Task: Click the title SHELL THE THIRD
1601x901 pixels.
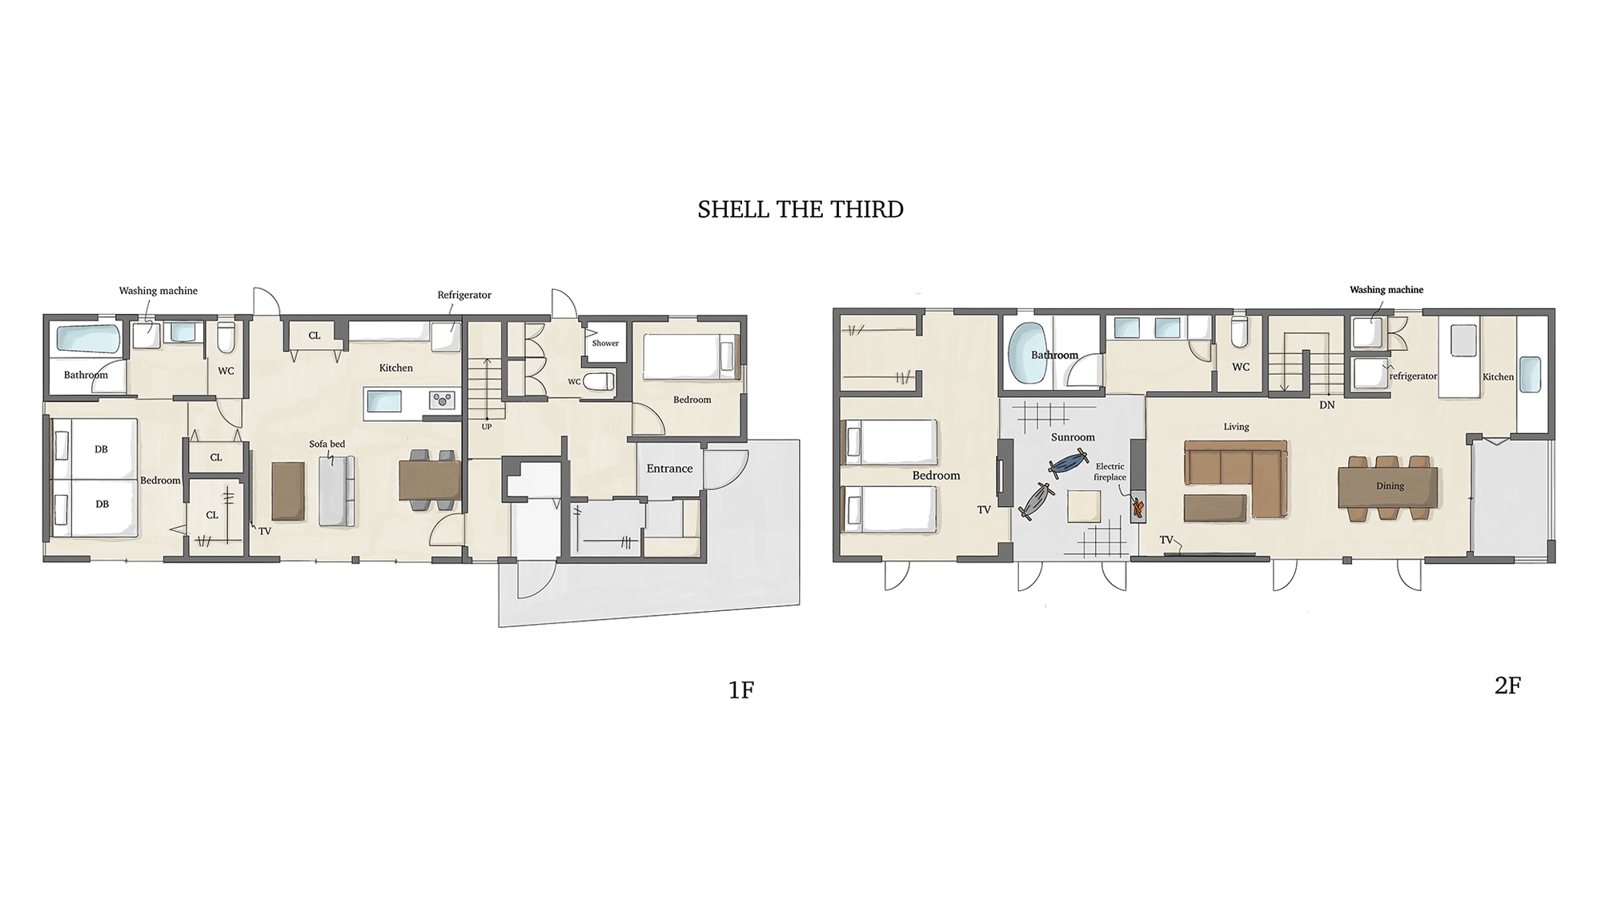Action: pyautogui.click(x=800, y=210)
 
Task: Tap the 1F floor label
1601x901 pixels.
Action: pyautogui.click(x=741, y=690)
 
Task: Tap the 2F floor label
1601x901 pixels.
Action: pyautogui.click(x=1507, y=686)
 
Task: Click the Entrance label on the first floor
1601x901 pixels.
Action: pyautogui.click(x=669, y=469)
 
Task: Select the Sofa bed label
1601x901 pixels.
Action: pyautogui.click(x=327, y=444)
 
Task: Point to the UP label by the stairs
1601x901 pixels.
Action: pyautogui.click(x=487, y=427)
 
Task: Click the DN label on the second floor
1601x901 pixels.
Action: pyautogui.click(x=1327, y=405)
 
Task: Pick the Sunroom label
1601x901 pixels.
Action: pyautogui.click(x=1073, y=437)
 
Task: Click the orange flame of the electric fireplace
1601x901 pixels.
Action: pyautogui.click(x=1137, y=507)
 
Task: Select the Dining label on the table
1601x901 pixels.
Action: pyautogui.click(x=1390, y=486)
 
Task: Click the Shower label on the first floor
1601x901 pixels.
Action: pyautogui.click(x=605, y=344)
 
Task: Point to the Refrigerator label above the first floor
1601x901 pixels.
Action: pyautogui.click(x=464, y=295)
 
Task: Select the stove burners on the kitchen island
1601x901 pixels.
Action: pyautogui.click(x=442, y=400)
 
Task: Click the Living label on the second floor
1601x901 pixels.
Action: pyautogui.click(x=1236, y=427)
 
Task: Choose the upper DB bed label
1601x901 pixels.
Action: pyautogui.click(x=101, y=449)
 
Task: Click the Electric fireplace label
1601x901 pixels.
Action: pyautogui.click(x=1110, y=472)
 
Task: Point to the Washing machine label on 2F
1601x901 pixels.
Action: pyautogui.click(x=1386, y=290)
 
